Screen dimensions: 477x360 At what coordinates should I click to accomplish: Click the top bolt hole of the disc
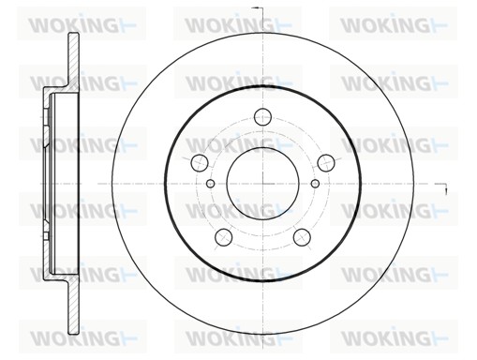(262, 116)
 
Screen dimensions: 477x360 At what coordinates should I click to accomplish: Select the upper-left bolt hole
(200, 163)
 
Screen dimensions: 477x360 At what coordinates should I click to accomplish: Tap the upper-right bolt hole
(326, 163)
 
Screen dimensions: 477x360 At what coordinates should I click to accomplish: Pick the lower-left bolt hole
(224, 237)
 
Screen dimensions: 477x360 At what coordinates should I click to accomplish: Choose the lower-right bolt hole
(302, 237)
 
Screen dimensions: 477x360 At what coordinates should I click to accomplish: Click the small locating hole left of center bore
(211, 184)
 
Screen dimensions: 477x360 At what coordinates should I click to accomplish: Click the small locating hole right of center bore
(315, 184)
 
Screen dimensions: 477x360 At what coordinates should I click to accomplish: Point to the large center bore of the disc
(263, 184)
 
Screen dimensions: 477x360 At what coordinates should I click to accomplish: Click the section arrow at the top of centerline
(258, 8)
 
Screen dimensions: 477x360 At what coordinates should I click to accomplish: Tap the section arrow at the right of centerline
(442, 187)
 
